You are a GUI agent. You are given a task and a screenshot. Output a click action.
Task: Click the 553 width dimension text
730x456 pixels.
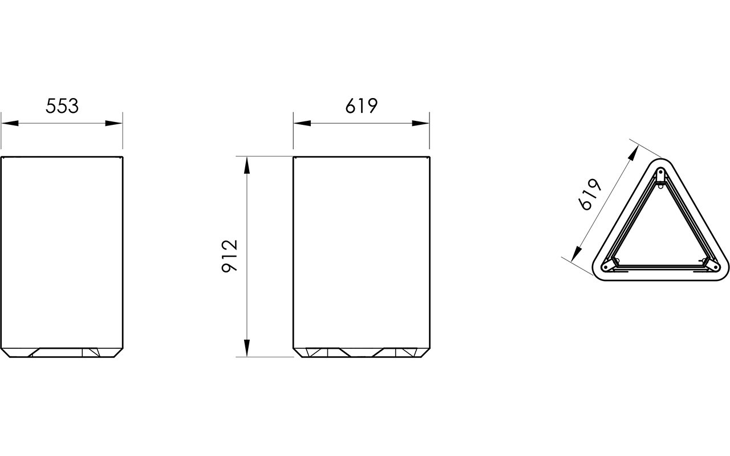(62, 106)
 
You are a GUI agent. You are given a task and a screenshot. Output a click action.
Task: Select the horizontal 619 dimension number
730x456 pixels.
(362, 106)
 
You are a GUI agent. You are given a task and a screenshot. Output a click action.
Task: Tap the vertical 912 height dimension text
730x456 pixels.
(230, 256)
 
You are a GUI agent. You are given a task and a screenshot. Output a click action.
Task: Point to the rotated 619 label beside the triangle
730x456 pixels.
(590, 194)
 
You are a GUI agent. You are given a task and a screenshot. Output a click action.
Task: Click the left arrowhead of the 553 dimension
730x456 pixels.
(10, 124)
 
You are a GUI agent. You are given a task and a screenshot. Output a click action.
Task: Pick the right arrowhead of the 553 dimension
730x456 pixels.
(113, 124)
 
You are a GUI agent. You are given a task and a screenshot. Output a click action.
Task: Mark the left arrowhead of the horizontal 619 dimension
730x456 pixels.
(302, 124)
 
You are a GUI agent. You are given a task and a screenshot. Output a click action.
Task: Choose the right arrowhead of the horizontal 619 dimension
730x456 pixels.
(420, 124)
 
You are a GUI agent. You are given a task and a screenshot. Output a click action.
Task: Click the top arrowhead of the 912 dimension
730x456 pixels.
(247, 165)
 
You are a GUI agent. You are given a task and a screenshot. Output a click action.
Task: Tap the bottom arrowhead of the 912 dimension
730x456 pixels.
(247, 348)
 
